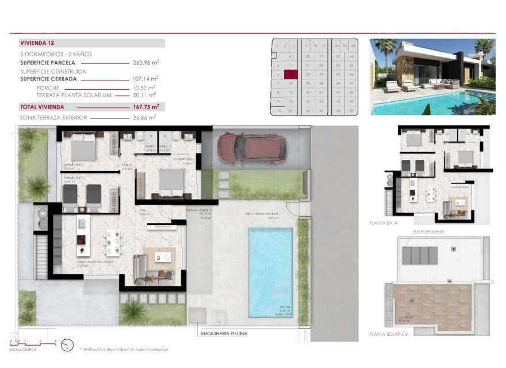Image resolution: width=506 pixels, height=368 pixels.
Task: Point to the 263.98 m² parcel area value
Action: [x=146, y=63]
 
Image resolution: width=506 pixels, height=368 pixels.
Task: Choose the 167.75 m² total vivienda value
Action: [x=146, y=107]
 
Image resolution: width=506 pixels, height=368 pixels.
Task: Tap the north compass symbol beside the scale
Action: [x=68, y=344]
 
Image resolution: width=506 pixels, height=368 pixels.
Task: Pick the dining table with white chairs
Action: [x=113, y=243]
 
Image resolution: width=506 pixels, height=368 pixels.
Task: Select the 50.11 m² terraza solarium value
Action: [x=146, y=95]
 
